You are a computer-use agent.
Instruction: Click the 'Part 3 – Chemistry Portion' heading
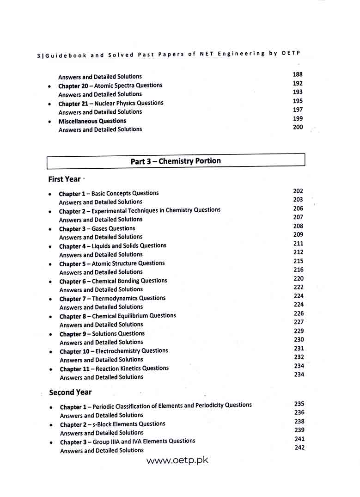(x=176, y=161)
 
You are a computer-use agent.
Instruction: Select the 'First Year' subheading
(x=64, y=179)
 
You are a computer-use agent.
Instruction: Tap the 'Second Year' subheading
(x=70, y=392)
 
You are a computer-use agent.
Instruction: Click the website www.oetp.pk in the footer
(x=177, y=461)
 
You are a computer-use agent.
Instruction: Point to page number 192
(x=298, y=83)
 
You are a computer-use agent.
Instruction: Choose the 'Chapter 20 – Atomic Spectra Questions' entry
(x=110, y=86)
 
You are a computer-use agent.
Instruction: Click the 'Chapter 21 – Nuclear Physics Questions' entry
(x=110, y=103)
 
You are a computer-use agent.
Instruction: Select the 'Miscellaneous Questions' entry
(x=92, y=121)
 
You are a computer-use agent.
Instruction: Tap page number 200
(x=298, y=127)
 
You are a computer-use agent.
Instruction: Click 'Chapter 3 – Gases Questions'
(x=97, y=228)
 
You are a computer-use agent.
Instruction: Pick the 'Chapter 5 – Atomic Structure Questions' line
(x=112, y=264)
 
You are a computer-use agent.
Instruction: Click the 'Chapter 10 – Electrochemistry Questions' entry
(x=114, y=351)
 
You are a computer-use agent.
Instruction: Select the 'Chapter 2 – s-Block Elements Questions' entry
(x=112, y=424)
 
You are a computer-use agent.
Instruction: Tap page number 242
(x=299, y=448)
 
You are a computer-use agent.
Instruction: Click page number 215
(x=298, y=261)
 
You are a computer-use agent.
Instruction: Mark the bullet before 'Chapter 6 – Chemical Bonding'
(x=50, y=282)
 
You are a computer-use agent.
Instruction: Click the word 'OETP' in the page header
(x=291, y=53)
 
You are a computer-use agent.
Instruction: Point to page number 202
(x=298, y=191)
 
